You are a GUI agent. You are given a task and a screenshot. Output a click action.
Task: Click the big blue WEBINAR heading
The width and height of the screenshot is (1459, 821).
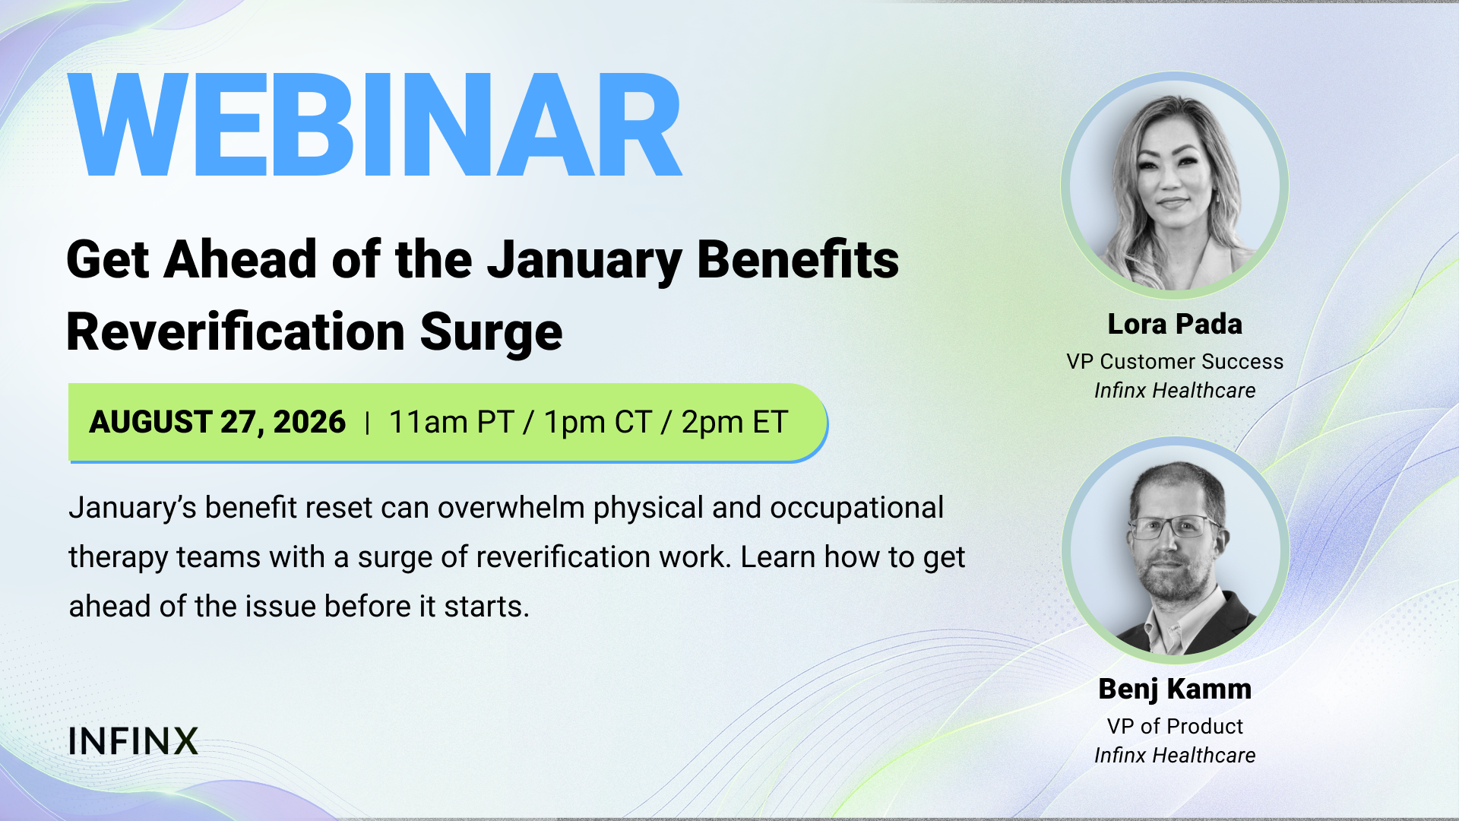tap(375, 125)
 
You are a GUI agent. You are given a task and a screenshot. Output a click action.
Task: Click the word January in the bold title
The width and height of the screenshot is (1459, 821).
tap(584, 261)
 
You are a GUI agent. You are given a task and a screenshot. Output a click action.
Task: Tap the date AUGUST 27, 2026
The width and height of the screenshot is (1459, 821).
tap(217, 422)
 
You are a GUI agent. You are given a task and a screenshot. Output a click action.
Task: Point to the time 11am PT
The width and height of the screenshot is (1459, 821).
tap(451, 422)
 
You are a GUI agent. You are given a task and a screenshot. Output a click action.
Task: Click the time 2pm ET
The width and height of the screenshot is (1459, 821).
tap(734, 422)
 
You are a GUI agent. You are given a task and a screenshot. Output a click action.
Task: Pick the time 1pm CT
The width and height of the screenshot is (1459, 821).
tap(598, 422)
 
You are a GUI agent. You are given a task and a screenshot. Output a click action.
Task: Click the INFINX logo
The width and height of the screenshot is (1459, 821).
tap(133, 741)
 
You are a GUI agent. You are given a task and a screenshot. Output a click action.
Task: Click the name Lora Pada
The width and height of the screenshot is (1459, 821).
tap(1175, 324)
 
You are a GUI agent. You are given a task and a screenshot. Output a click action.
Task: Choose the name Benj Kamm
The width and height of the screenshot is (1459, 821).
tap(1175, 689)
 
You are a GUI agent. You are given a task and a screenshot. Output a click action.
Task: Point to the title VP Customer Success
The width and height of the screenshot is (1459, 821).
tap(1175, 362)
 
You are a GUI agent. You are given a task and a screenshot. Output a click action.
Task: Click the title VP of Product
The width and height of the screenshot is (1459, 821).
tap(1175, 726)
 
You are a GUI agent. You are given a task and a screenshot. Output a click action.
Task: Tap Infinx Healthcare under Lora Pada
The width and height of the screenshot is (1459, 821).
tap(1175, 391)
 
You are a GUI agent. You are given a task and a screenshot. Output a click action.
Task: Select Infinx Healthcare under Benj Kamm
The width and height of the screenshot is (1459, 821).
tap(1175, 756)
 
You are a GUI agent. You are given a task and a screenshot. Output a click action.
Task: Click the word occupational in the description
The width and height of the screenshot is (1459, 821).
tap(856, 509)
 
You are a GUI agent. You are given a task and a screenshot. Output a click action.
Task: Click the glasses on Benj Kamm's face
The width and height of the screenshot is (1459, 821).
tap(1174, 527)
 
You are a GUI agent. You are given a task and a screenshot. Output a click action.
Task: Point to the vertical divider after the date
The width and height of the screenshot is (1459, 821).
tap(367, 423)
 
